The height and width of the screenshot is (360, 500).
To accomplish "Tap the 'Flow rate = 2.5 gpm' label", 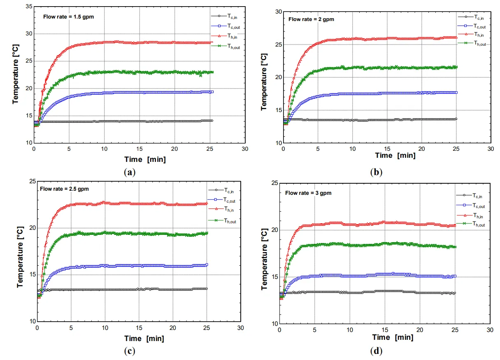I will coord(64,189).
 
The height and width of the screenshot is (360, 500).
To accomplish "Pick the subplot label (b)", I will coord(376,173).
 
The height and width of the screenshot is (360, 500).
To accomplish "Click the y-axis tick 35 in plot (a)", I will coord(28,7).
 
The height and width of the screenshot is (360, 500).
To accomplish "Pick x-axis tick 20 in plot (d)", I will coord(420,330).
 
